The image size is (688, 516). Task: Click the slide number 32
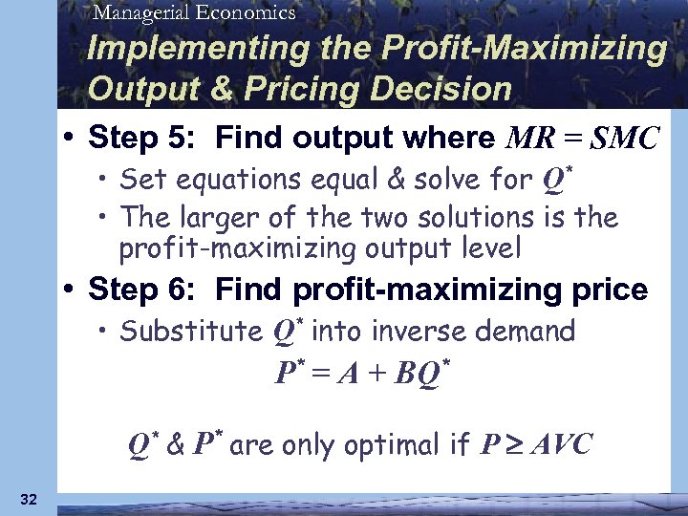tap(27, 498)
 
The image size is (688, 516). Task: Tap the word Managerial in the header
tap(141, 12)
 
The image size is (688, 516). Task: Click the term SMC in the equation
tap(624, 140)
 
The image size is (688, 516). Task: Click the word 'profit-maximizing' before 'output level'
tap(237, 249)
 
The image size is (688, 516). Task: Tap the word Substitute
tap(191, 332)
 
